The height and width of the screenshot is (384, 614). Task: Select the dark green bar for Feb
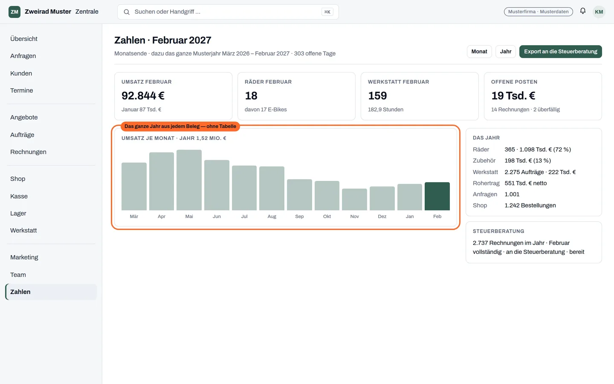437,196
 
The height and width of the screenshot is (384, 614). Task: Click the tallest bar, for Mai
189,180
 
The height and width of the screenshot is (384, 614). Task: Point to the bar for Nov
354,199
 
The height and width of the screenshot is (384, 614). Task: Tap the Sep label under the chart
299,216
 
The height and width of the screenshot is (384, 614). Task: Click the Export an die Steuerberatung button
561,52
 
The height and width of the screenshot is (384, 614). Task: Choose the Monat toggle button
479,52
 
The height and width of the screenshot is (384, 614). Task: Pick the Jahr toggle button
505,52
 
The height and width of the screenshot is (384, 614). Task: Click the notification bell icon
583,11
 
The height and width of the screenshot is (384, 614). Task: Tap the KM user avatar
599,12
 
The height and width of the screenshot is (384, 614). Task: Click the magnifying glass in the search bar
126,12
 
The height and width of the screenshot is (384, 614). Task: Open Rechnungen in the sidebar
28,152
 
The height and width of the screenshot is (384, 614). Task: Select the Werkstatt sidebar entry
23,230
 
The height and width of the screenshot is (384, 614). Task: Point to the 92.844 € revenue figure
143,96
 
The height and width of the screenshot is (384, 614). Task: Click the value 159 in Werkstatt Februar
377,96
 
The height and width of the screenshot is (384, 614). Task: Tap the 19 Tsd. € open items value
513,96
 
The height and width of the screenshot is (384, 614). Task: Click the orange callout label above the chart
180,126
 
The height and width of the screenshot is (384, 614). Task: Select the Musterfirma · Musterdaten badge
539,12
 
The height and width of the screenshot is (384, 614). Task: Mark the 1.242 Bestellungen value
530,206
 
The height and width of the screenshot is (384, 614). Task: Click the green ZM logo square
14,12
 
